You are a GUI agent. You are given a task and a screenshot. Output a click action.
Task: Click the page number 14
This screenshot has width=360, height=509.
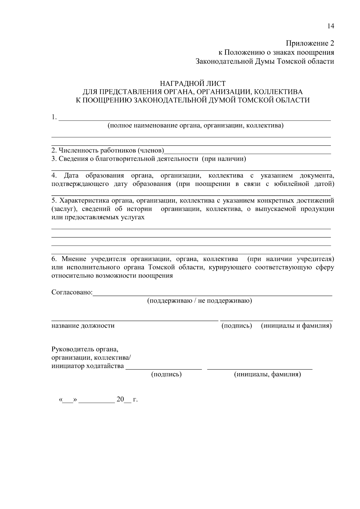click(x=330, y=26)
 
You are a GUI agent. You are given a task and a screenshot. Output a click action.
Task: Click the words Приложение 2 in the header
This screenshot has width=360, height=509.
click(x=310, y=43)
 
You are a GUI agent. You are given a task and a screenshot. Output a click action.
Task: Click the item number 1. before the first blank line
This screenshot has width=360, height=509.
click(x=54, y=117)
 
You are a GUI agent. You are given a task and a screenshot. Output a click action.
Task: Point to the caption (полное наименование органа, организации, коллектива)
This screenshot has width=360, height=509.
click(x=196, y=125)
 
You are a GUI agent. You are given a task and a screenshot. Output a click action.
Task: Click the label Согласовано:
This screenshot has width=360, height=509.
click(x=72, y=292)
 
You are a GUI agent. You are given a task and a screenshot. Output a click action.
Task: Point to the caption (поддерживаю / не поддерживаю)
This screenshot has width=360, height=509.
click(x=199, y=301)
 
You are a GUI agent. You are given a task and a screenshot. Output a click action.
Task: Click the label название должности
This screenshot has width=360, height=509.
click(x=83, y=325)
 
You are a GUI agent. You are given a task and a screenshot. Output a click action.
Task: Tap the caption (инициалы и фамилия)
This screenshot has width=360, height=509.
click(x=296, y=325)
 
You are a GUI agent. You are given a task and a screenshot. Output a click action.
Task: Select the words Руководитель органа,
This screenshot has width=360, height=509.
click(x=85, y=349)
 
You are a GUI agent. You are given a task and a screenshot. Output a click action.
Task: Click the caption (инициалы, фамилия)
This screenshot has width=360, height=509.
click(x=267, y=374)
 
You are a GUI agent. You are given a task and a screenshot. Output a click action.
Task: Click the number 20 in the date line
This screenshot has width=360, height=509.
click(x=120, y=399)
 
